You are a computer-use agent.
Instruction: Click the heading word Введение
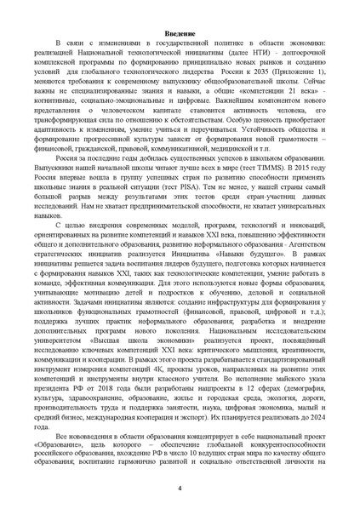(180, 32)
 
